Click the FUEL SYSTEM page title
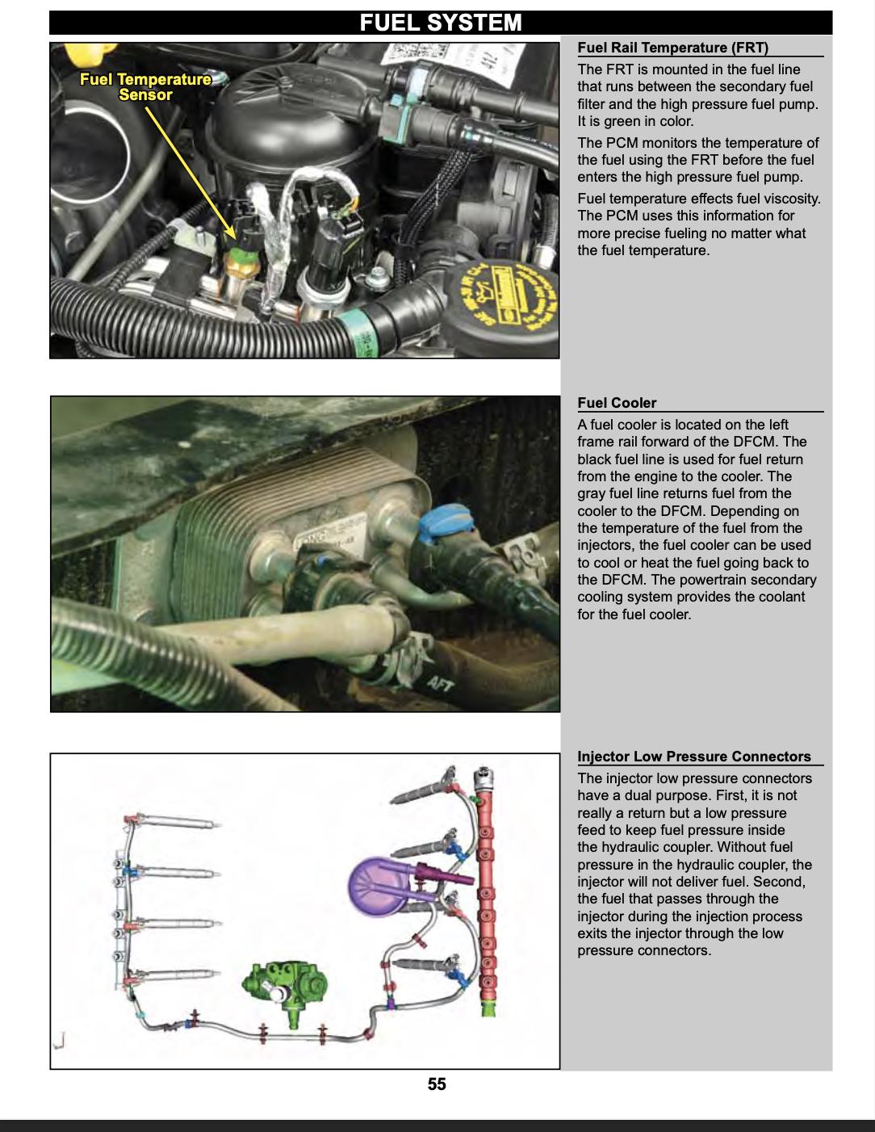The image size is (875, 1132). point(441,23)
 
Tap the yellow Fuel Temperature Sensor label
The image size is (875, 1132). point(145,87)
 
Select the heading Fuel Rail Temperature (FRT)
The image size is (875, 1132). point(672,48)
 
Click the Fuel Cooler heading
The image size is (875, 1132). point(617,403)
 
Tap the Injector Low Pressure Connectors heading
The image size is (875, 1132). point(694,757)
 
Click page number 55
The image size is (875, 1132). point(437,1084)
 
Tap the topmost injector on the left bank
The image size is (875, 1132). point(174,824)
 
